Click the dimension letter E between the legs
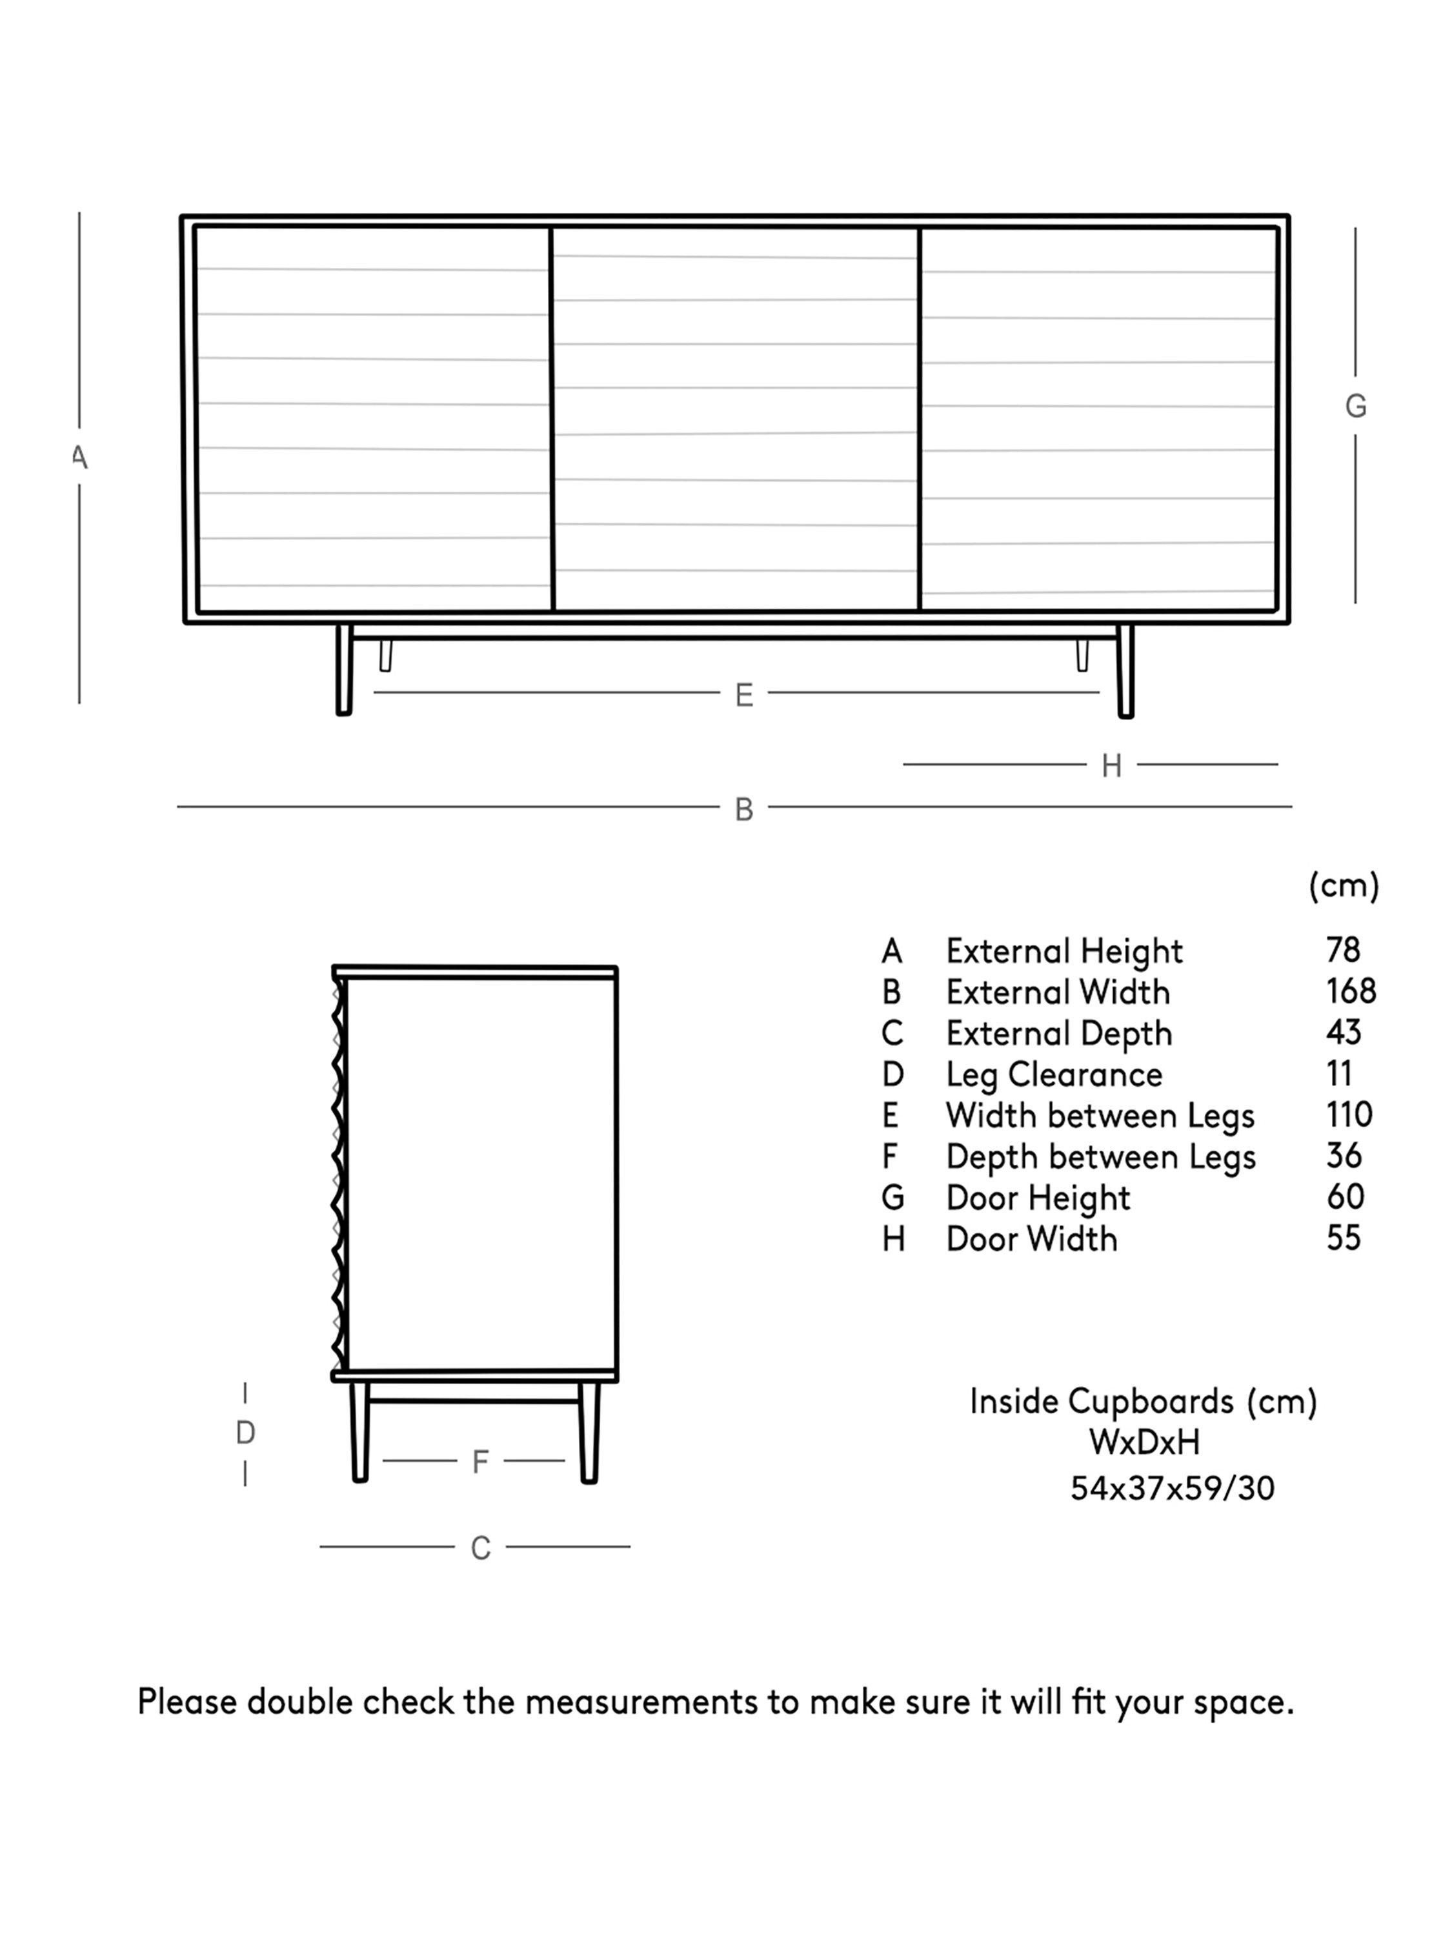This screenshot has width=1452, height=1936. tap(743, 695)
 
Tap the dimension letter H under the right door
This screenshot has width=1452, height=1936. tap(1111, 766)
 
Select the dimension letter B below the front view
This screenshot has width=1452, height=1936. tap(743, 810)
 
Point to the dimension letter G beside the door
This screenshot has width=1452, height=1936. tap(1355, 406)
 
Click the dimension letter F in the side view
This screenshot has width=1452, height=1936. tap(479, 1461)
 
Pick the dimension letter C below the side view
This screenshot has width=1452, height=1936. tap(479, 1548)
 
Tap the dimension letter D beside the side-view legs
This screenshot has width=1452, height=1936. tap(245, 1433)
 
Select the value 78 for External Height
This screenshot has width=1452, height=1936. tap(1342, 951)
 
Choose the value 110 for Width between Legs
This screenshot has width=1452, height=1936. tap(1349, 1115)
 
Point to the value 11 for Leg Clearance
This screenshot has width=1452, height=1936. tap(1339, 1074)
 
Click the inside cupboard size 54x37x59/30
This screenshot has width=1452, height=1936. tap(1172, 1488)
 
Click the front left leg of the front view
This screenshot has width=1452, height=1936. tap(344, 670)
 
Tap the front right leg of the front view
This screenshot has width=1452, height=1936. tap(1125, 671)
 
